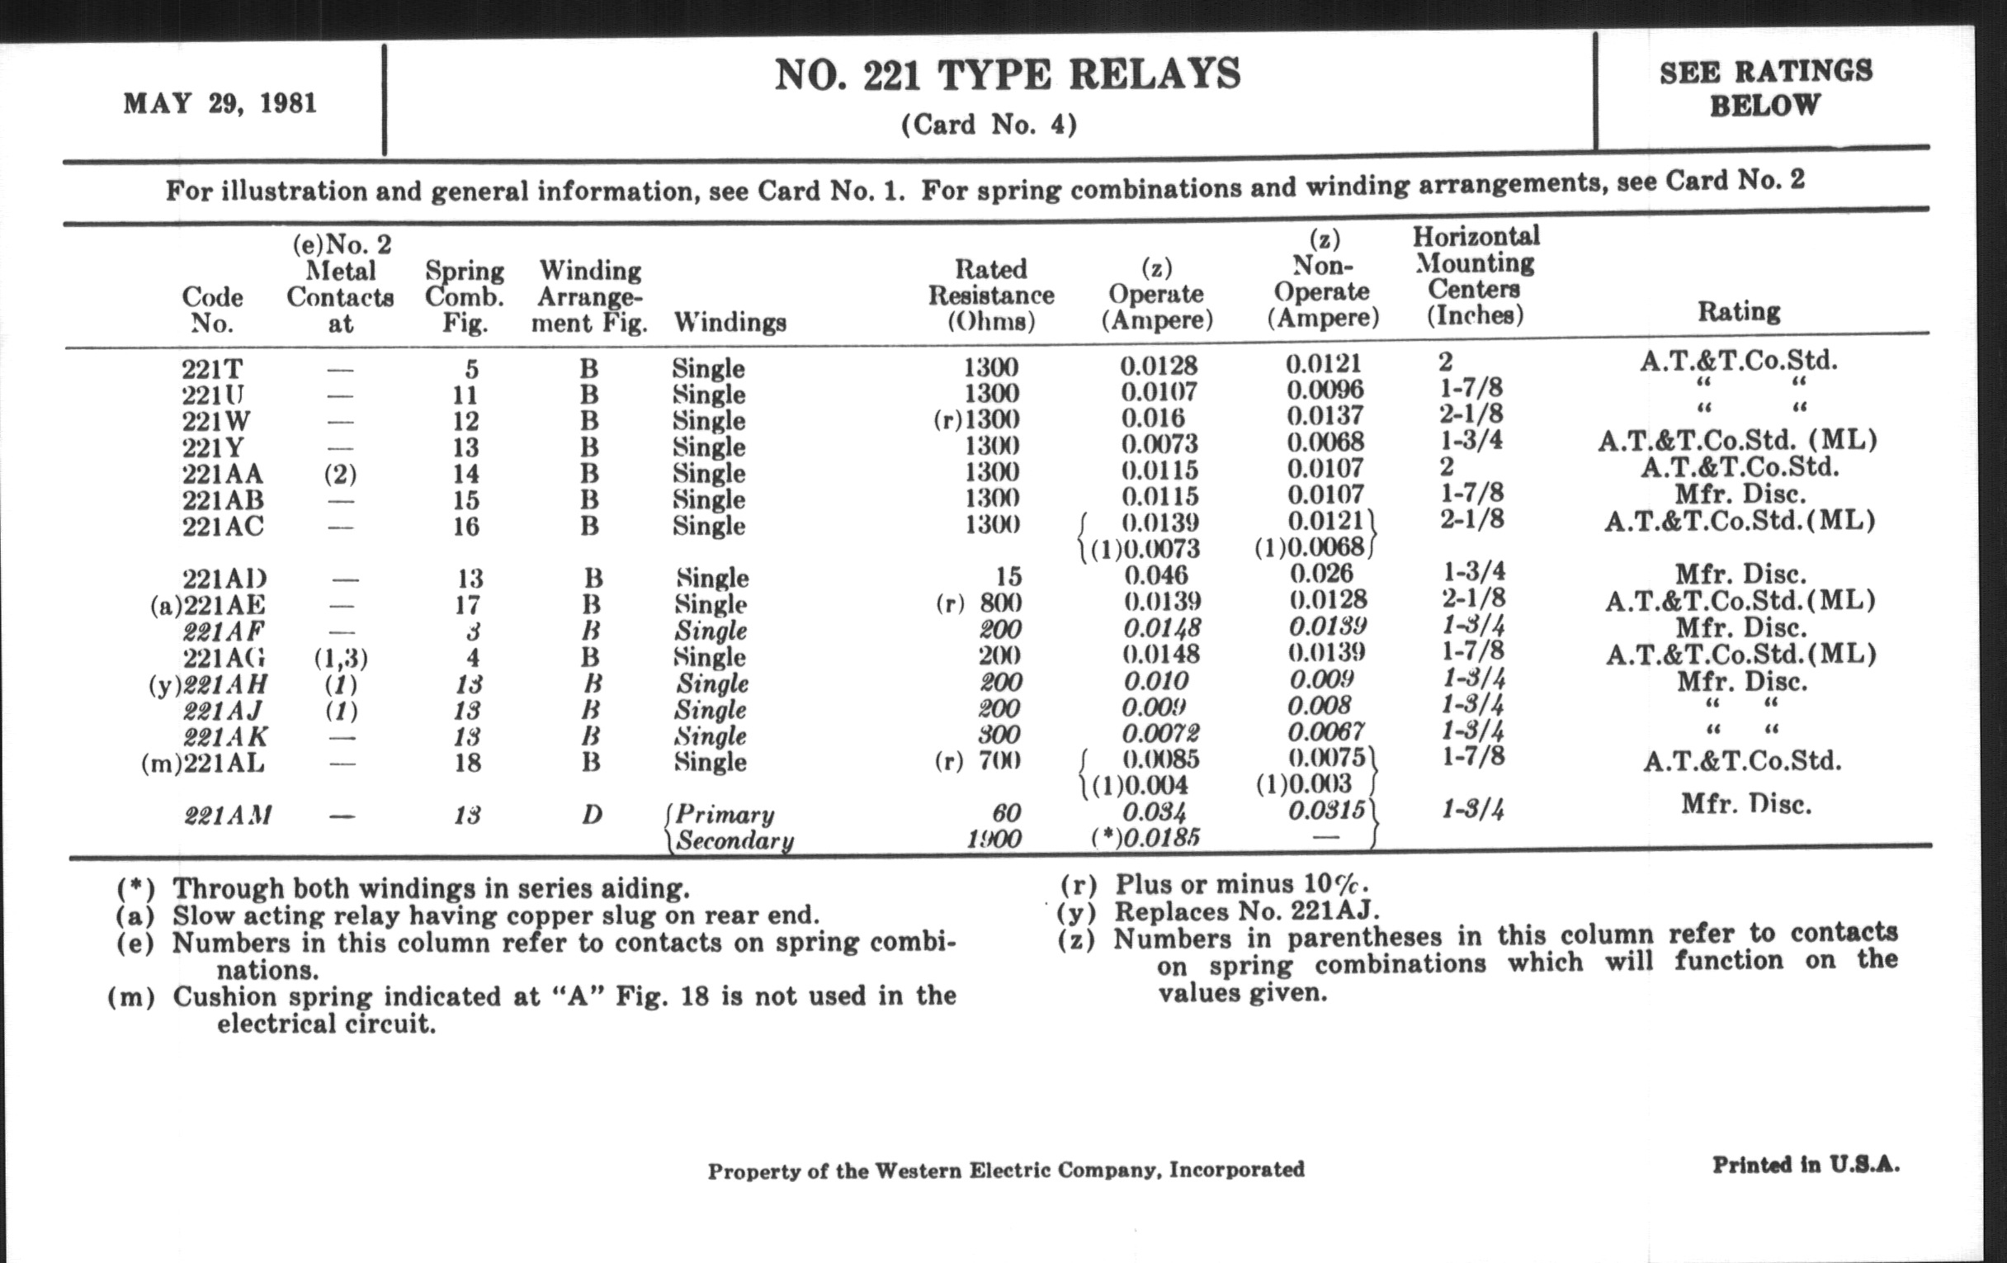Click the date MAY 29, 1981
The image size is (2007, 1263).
pyautogui.click(x=220, y=103)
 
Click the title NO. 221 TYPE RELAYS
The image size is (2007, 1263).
pyautogui.click(x=1007, y=75)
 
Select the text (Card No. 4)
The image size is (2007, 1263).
pyautogui.click(x=989, y=125)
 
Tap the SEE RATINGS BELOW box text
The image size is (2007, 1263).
pyautogui.click(x=1765, y=88)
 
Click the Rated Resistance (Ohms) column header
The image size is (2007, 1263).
pyautogui.click(x=991, y=294)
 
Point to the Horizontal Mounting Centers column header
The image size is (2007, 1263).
pyautogui.click(x=1476, y=275)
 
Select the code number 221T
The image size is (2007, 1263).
pyautogui.click(x=212, y=368)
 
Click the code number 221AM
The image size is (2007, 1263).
pyautogui.click(x=227, y=815)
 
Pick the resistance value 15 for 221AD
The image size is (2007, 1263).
pyautogui.click(x=1008, y=576)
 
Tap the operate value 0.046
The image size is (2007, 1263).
pyautogui.click(x=1157, y=575)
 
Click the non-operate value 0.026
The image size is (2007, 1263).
pyautogui.click(x=1322, y=573)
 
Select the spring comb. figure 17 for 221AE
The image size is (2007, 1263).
pyautogui.click(x=467, y=604)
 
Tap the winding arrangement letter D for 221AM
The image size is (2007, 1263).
pyautogui.click(x=591, y=814)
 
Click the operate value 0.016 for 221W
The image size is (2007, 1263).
pyautogui.click(x=1153, y=418)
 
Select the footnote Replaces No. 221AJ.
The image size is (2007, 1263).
pyautogui.click(x=1247, y=911)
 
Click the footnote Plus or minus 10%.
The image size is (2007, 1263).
pyautogui.click(x=1241, y=883)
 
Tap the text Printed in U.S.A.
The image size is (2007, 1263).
pyautogui.click(x=1806, y=1165)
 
